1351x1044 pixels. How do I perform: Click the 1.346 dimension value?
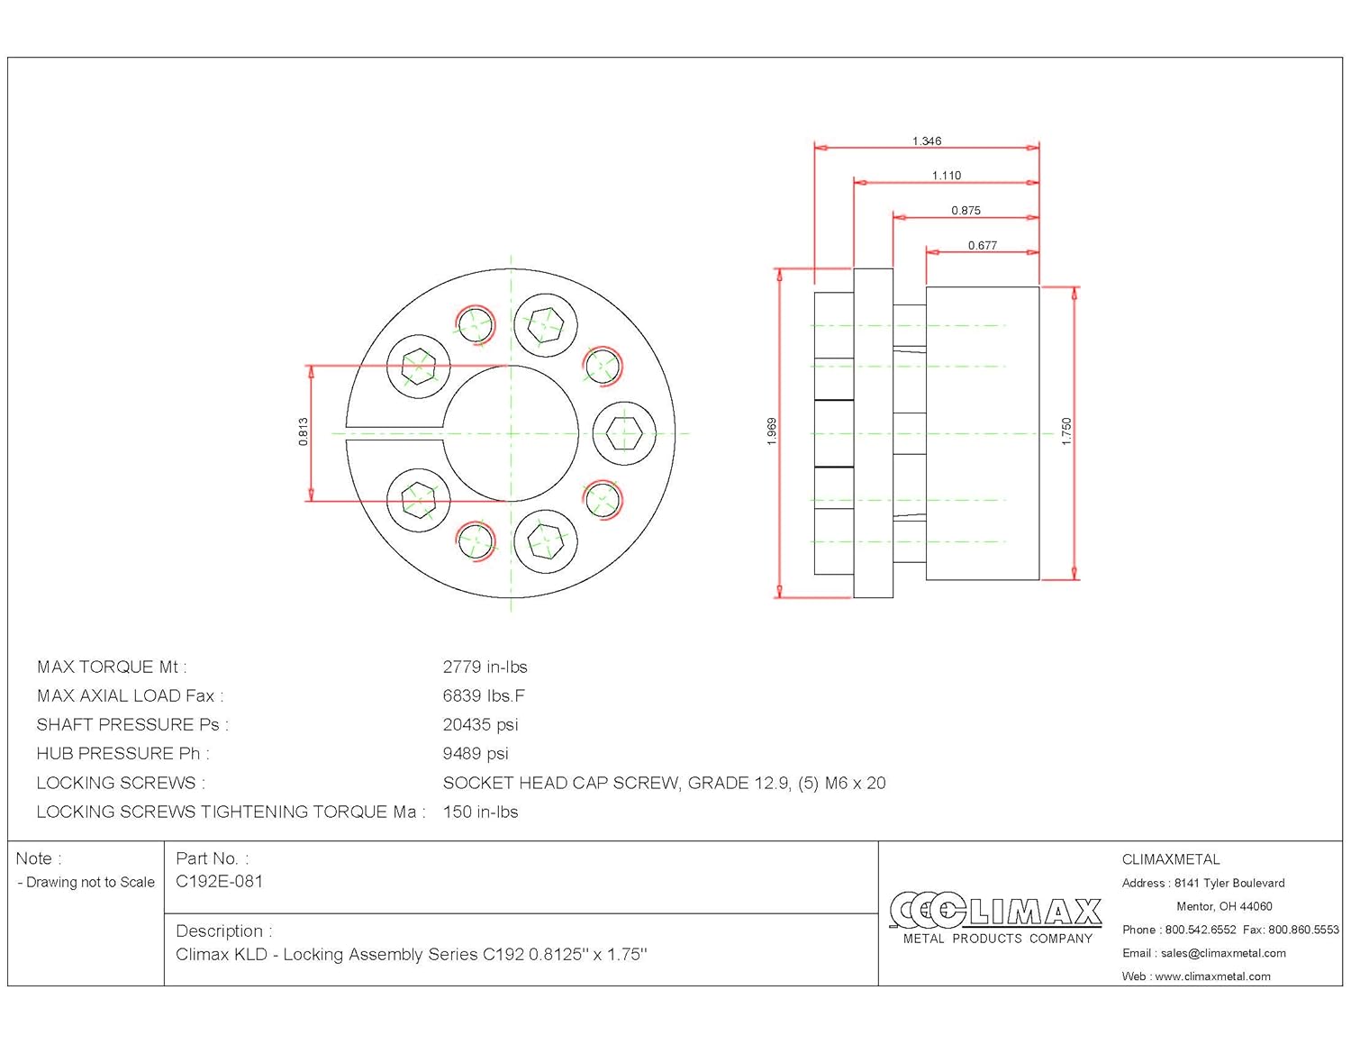pos(926,141)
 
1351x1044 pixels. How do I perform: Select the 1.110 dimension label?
pos(946,176)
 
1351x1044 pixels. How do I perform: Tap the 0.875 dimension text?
pos(966,211)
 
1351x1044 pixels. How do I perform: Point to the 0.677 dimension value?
pos(982,245)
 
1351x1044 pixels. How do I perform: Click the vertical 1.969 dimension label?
pos(772,431)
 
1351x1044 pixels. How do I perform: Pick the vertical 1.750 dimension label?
pos(1066,431)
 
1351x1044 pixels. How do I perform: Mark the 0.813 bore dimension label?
pos(304,431)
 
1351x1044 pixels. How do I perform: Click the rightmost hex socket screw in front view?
pos(624,433)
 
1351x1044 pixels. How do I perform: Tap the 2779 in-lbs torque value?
pos(485,667)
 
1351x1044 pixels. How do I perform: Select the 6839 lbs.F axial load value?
pos(484,696)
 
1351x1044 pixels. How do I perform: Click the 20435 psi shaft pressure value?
pos(480,725)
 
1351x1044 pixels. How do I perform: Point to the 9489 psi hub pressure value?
pos(476,754)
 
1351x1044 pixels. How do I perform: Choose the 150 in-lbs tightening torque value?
pos(480,813)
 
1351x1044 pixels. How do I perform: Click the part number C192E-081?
pos(219,882)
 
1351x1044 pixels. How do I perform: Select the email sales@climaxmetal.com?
pos(1222,953)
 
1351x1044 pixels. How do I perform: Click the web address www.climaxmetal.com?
pos(1212,976)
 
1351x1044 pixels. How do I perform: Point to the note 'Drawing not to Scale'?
pos(90,883)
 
